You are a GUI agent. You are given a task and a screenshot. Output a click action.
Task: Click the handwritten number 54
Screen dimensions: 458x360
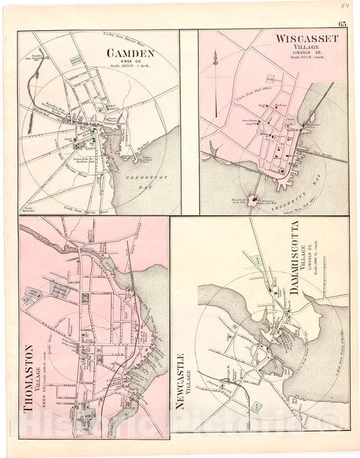pos(344,6)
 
